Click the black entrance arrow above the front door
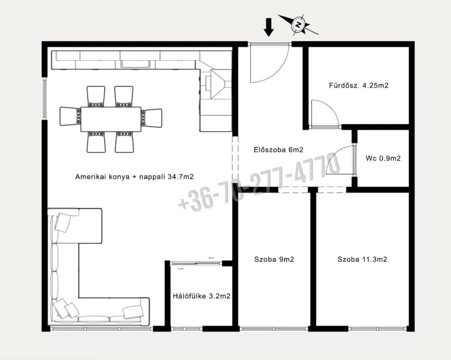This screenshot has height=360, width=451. [269, 27]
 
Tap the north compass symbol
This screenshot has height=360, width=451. [299, 24]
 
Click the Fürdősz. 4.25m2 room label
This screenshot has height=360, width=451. [359, 85]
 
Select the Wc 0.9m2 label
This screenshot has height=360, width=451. [383, 158]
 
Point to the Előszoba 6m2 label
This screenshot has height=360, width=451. [278, 150]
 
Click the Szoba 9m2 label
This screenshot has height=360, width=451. [274, 259]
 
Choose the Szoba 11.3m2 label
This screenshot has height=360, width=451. [363, 259]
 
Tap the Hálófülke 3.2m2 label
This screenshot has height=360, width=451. [202, 296]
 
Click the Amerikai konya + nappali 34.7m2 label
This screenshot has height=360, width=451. [134, 177]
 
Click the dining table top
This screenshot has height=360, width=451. [111, 119]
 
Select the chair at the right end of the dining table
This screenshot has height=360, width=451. [152, 118]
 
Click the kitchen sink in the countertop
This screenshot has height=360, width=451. [135, 64]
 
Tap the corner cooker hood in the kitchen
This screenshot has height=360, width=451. [218, 84]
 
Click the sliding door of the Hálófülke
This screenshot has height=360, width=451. [196, 263]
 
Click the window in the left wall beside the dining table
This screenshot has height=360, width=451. [45, 98]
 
